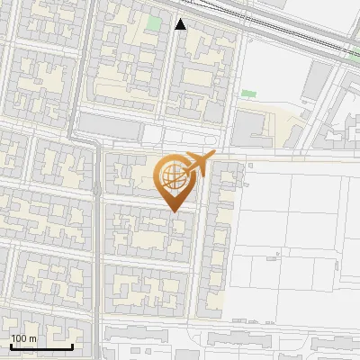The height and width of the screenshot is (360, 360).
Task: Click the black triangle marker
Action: pos(181,24)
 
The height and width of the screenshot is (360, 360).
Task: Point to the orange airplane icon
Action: pos(197,164)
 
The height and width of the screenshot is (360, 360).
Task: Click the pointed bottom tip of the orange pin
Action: pos(175,211)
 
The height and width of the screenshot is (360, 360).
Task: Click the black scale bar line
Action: pos(40,346)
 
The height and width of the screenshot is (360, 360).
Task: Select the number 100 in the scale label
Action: pos(18,338)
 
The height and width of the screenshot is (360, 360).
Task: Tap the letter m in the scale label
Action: pos(32,338)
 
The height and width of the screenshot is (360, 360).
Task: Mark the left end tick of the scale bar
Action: pos(10,345)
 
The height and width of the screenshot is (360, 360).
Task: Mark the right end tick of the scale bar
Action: pos(72,345)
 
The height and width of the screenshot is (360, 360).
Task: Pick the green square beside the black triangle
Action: pos(155,22)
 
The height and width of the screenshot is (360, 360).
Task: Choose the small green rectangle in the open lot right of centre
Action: pos(248,93)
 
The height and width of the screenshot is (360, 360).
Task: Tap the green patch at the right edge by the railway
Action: pos(355,53)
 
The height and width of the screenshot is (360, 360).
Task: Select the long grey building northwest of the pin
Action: pos(110,125)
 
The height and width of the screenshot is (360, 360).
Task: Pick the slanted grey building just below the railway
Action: pos(315,81)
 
